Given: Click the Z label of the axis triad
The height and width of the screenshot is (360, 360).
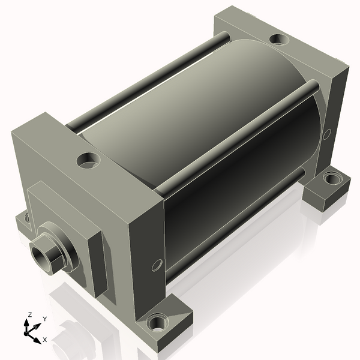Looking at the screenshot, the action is pos(29,314).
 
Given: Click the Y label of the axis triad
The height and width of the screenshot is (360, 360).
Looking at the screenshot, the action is pos(45,319).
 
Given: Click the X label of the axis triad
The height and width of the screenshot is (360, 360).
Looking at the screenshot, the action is pos(44,340).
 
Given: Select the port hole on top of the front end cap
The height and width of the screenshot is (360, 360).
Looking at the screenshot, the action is pos(88,160).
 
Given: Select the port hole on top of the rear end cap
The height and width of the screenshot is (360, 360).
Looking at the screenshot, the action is pos(279,39).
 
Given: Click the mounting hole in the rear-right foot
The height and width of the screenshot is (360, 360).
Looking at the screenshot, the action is pos(332,178).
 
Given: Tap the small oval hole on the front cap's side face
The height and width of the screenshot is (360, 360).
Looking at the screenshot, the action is pos(157,265).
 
